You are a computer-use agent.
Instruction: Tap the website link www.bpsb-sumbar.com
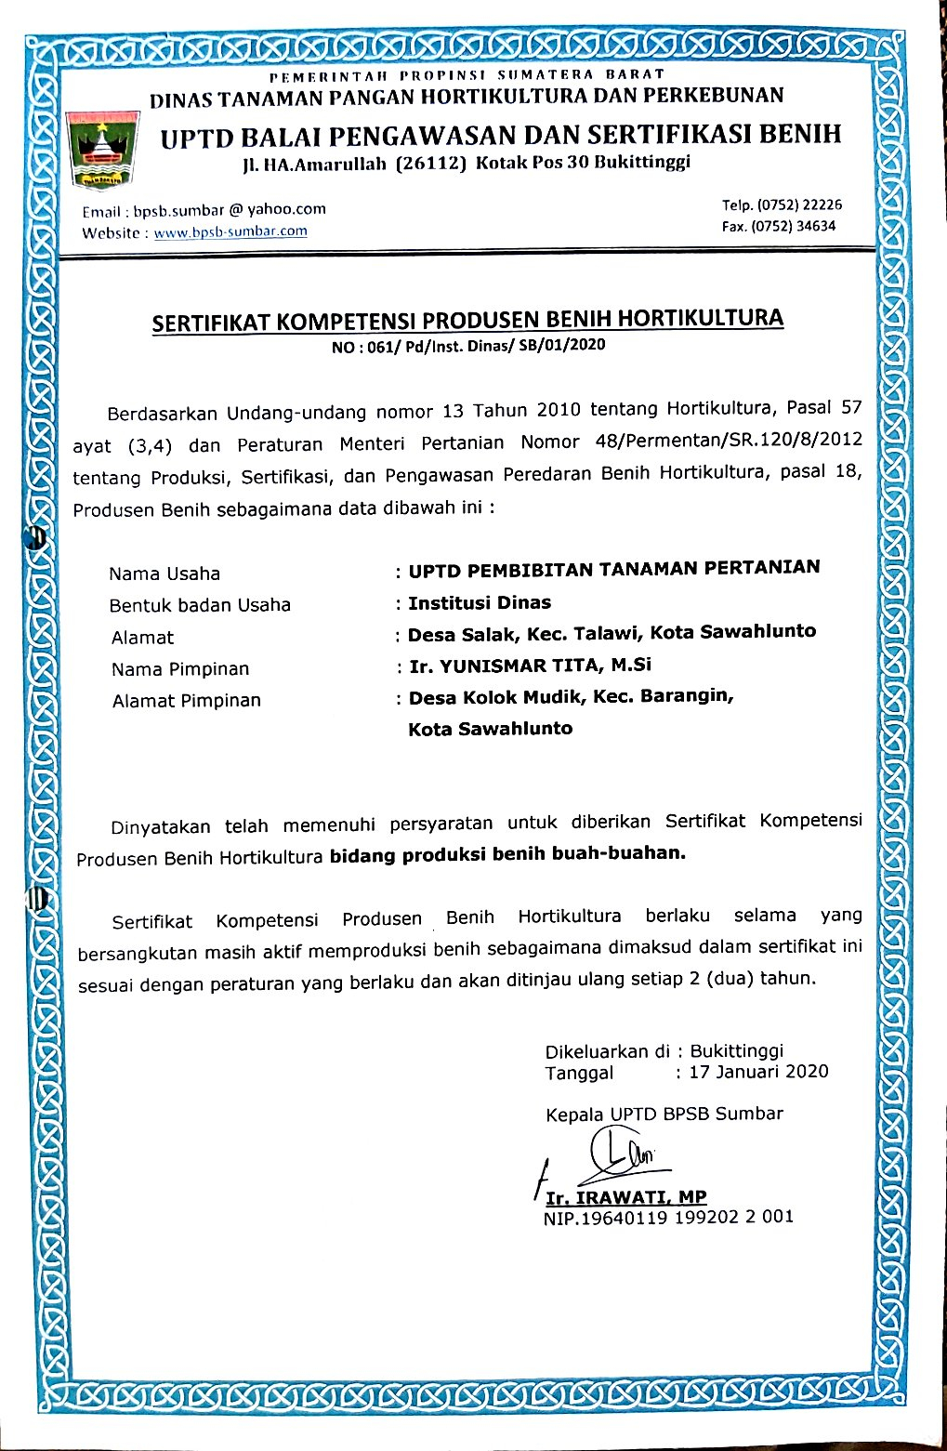click(x=230, y=231)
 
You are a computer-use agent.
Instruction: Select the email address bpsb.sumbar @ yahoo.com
click(x=230, y=210)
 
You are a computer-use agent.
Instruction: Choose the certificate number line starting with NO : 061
click(x=467, y=345)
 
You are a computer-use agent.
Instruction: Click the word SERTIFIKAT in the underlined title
click(x=212, y=323)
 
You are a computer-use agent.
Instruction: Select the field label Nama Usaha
click(x=164, y=574)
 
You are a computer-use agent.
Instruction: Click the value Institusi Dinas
click(x=480, y=602)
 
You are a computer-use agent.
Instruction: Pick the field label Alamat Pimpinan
click(x=186, y=701)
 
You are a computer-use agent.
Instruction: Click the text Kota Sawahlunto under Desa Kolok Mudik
click(x=490, y=729)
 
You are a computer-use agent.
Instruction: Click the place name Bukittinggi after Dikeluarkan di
click(x=737, y=1050)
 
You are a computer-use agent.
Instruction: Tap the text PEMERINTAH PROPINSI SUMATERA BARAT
click(x=467, y=74)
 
